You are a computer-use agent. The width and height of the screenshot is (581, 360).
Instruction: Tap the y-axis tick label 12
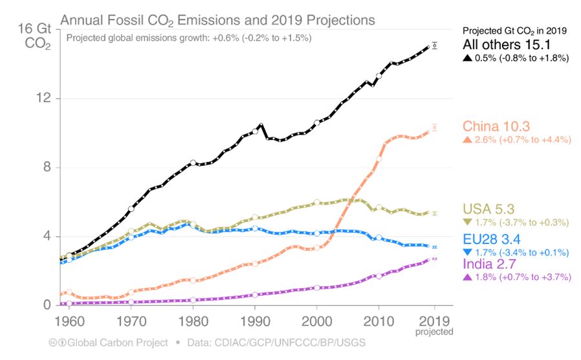43,99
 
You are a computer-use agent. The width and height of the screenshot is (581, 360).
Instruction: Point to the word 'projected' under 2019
435,332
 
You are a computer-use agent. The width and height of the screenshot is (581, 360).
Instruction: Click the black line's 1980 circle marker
193,163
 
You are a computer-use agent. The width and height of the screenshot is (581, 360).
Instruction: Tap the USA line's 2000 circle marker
316,203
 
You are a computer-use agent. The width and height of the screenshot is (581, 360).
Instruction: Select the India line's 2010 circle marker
378,276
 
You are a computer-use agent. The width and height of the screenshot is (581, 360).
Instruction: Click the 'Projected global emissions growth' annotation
189,38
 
